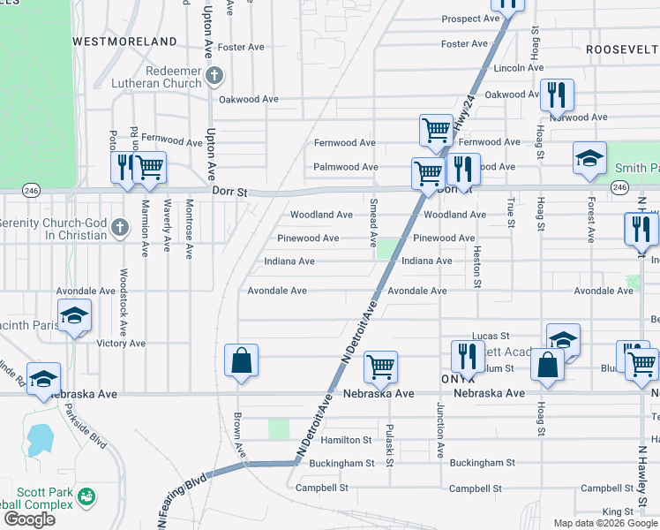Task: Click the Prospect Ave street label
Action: (471, 19)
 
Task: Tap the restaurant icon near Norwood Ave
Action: (557, 93)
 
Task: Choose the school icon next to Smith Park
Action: (589, 158)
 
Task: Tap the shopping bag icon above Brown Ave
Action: (241, 360)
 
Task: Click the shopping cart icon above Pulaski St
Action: (380, 366)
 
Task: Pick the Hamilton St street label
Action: (346, 440)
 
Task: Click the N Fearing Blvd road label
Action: (183, 487)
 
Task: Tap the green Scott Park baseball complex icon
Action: (86, 496)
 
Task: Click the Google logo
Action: (30, 519)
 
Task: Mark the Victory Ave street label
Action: (120, 343)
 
